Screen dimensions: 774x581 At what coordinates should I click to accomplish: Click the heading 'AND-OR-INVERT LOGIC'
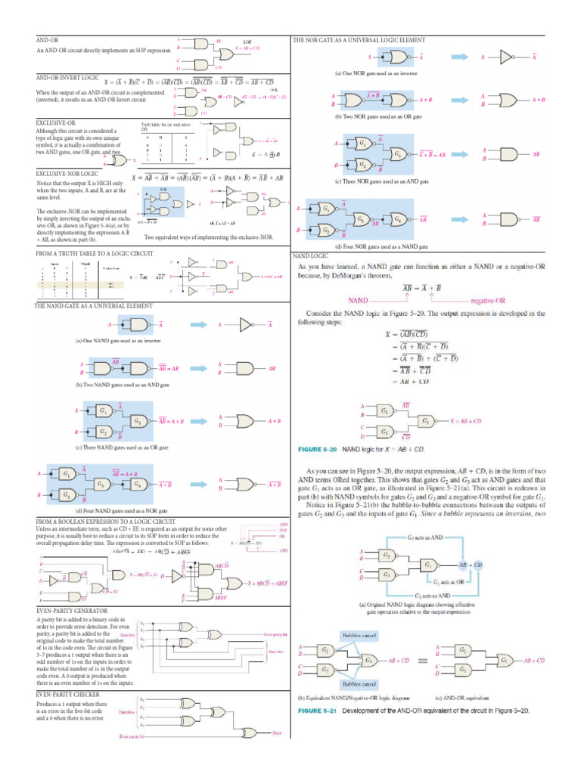point(66,77)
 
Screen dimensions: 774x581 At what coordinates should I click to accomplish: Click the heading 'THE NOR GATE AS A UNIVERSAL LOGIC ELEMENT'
point(359,39)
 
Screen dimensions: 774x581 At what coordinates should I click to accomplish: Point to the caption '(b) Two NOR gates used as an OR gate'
point(379,117)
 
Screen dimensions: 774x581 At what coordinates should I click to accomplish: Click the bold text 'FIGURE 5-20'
point(318,450)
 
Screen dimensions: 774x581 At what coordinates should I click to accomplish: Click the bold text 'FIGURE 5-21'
point(318,711)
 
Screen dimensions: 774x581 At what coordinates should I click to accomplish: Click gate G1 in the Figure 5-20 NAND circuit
point(427,420)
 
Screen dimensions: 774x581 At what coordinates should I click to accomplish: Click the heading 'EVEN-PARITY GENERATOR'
point(71,609)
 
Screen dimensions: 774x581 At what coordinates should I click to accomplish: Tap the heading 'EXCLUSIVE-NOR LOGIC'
point(67,174)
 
